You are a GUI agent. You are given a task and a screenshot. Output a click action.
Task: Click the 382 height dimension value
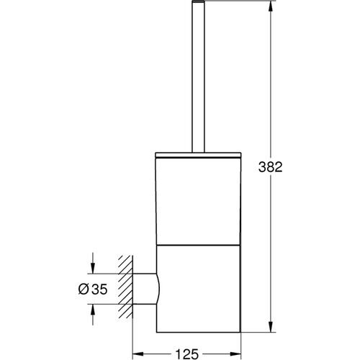290,167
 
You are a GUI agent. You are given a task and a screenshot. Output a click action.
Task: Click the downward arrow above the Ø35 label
92,268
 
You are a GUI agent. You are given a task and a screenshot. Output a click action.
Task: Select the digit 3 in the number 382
281,167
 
